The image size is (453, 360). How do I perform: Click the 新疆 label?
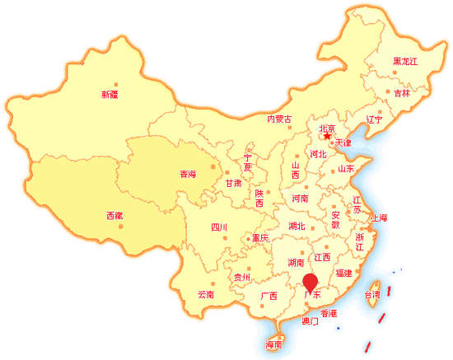point(110,95)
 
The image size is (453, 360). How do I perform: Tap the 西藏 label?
point(114,216)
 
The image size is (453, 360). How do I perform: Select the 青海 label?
point(188,175)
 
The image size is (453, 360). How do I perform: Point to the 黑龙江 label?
point(405,62)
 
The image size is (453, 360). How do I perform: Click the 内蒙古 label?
point(280,119)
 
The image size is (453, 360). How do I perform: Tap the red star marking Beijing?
point(315,138)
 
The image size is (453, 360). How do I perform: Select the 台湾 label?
point(373,294)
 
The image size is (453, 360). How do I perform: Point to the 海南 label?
point(274,344)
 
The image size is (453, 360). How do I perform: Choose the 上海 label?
point(380,217)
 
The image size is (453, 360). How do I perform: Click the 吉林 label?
point(401,94)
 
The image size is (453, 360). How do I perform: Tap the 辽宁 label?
point(375,119)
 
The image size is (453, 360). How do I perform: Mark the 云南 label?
point(206,294)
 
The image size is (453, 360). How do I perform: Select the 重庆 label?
point(260,238)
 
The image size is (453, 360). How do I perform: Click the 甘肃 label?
point(234,184)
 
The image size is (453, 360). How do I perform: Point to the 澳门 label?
point(311,322)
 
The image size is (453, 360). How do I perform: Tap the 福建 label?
point(343,274)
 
